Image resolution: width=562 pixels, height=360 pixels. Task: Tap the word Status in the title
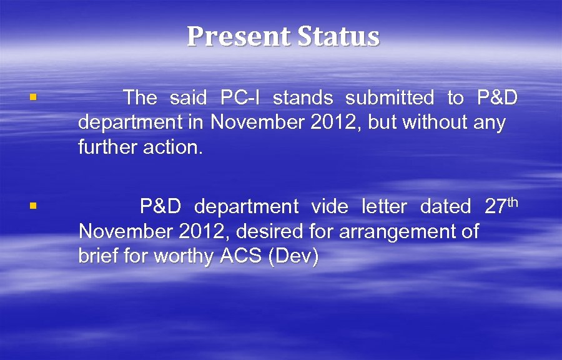click(x=338, y=36)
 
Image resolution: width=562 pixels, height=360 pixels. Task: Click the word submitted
click(x=390, y=98)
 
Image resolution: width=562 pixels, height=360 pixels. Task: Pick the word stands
click(x=303, y=98)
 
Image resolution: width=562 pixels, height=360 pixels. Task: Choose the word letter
click(x=384, y=206)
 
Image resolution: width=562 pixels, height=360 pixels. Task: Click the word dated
click(x=445, y=206)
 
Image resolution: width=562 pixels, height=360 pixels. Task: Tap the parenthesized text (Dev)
click(x=292, y=257)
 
